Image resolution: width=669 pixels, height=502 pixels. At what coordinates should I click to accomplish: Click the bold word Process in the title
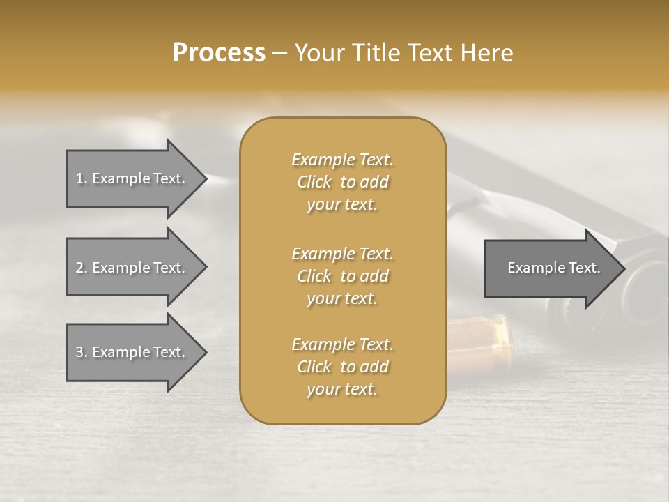(219, 53)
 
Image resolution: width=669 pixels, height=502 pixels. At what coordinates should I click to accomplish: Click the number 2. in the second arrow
(81, 268)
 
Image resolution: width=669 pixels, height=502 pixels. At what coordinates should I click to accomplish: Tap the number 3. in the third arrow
(81, 352)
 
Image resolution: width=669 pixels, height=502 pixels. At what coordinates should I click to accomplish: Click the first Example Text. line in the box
(342, 160)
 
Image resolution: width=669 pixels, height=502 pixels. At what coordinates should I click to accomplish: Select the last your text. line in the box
(342, 389)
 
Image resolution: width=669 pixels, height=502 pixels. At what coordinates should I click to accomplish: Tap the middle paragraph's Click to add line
(342, 276)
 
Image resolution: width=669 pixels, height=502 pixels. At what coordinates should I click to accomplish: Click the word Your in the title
(318, 53)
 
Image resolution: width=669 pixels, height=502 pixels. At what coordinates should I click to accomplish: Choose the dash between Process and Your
(279, 54)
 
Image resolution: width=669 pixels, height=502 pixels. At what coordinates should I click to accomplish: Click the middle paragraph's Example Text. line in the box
(342, 253)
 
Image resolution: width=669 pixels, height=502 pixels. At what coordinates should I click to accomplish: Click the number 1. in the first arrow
(81, 178)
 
